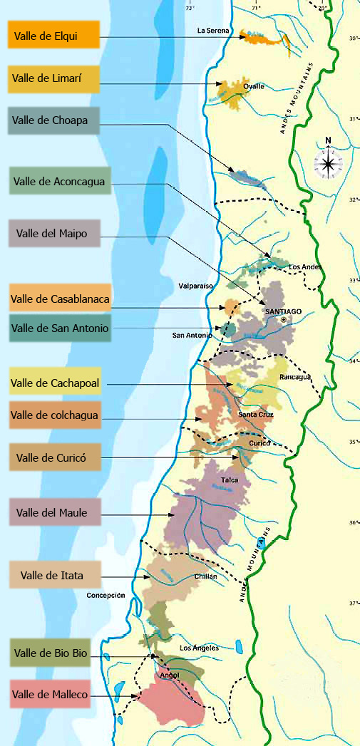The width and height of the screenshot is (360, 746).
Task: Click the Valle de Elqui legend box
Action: coord(53,35)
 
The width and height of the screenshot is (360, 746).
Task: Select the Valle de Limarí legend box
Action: coord(53,79)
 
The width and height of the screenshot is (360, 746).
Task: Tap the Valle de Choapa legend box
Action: coord(53,121)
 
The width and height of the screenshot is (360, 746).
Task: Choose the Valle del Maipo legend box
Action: coord(53,233)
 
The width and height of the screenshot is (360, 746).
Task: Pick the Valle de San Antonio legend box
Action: coord(60,328)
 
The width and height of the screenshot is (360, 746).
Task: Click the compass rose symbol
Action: coord(328,164)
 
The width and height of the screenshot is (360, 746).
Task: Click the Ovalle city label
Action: coord(254,86)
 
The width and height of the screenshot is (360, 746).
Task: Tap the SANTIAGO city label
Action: coord(284,311)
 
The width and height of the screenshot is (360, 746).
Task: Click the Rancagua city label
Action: coord(295,377)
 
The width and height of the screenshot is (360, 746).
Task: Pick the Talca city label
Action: coord(240,480)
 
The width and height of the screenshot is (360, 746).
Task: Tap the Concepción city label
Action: coord(106,595)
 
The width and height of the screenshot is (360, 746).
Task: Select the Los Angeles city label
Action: coord(200,648)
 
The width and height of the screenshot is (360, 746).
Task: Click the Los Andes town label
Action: coord(305,267)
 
